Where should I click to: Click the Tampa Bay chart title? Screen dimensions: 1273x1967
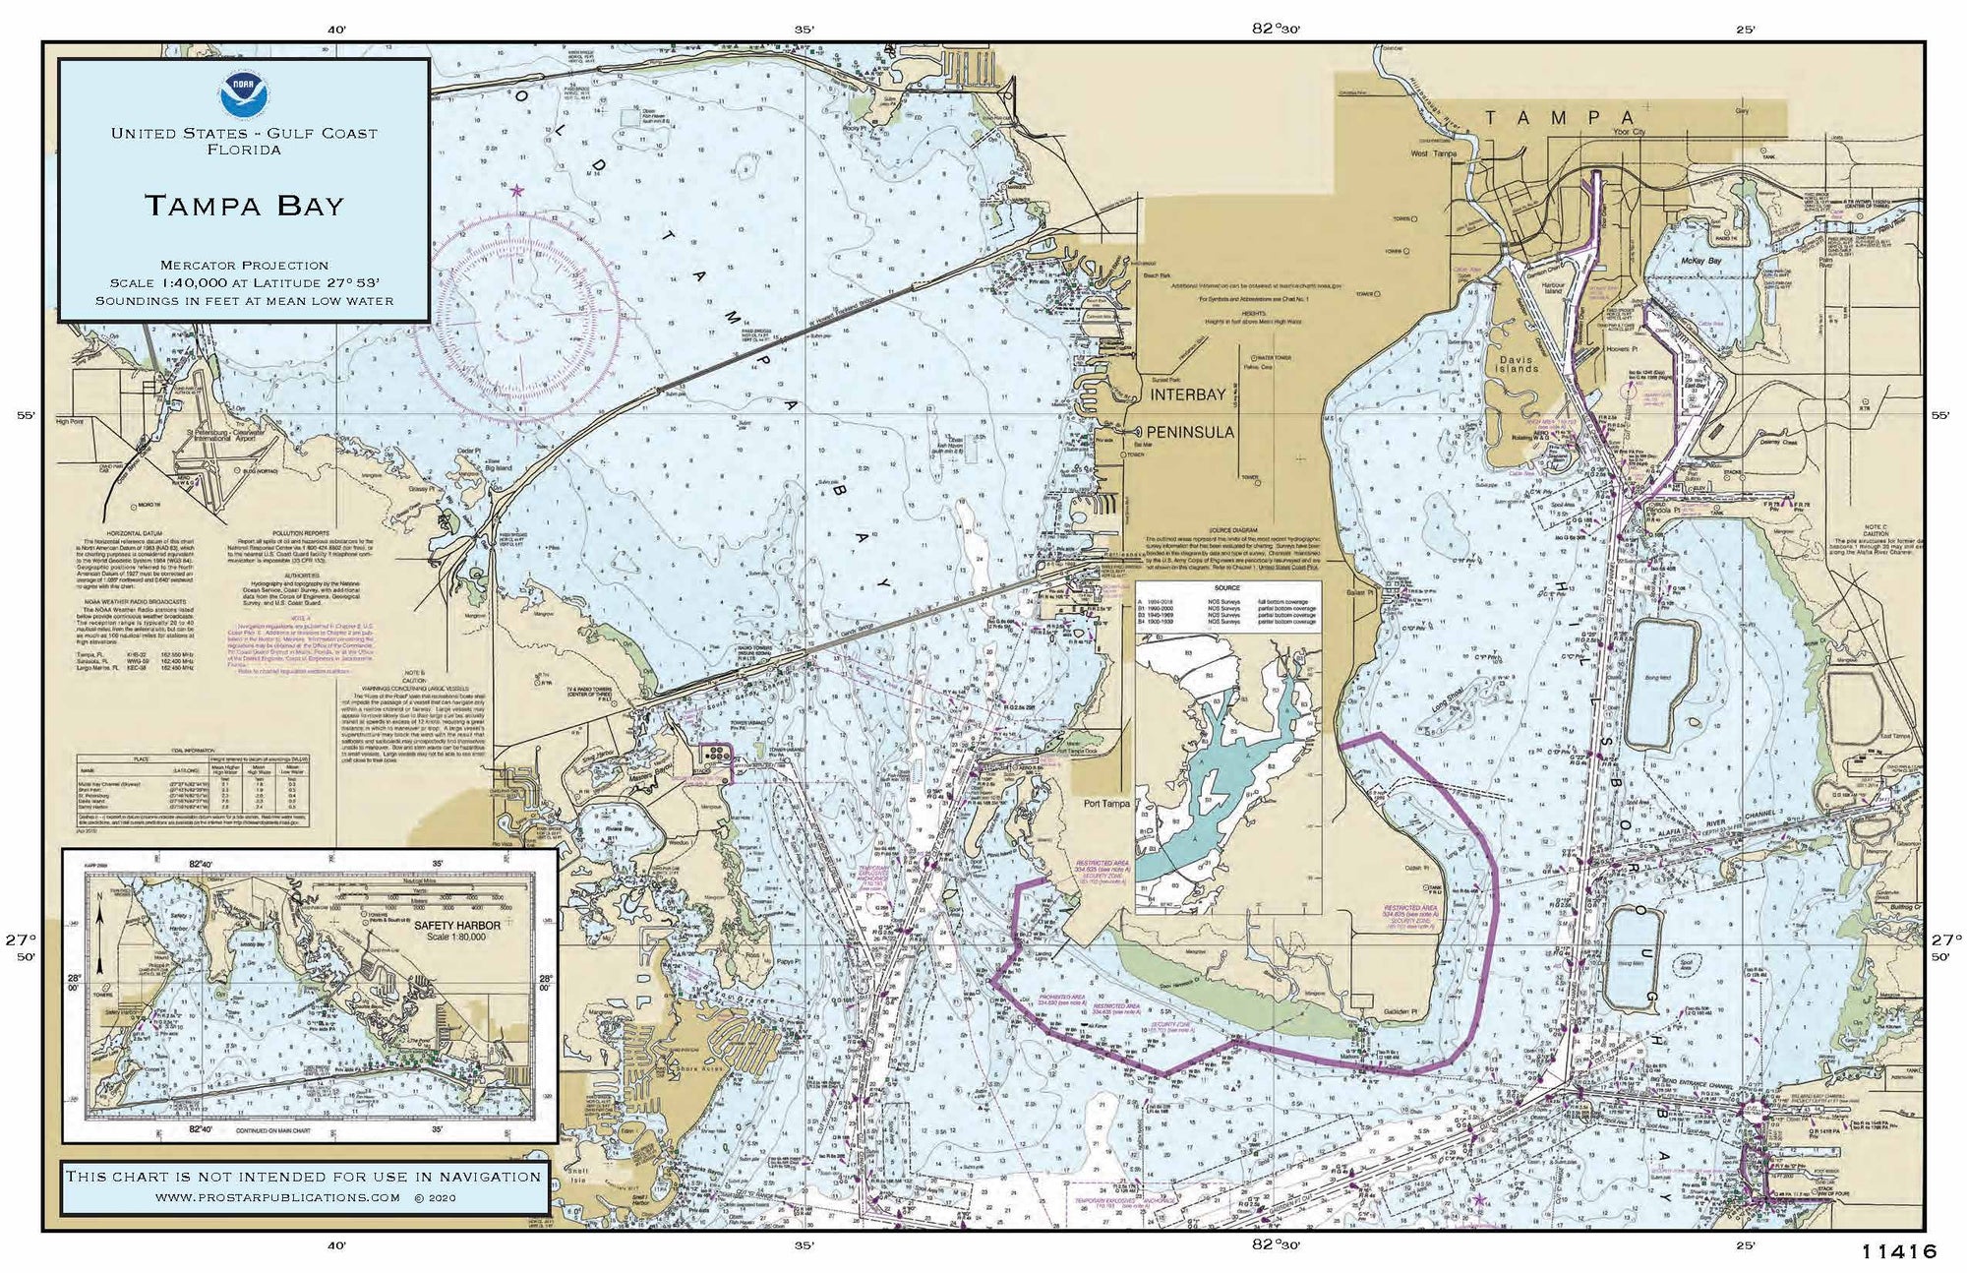click(244, 206)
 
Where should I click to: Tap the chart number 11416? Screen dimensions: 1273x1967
click(1898, 1252)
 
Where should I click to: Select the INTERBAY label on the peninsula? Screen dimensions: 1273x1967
click(1188, 395)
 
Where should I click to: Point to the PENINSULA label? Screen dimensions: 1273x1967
click(1190, 432)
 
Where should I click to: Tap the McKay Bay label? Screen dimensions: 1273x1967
click(1700, 262)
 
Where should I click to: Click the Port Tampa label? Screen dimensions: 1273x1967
click(1106, 804)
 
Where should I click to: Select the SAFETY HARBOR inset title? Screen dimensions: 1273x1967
click(456, 926)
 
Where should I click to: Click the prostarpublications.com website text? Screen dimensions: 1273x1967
click(277, 1198)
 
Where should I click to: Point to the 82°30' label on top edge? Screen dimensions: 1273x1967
click(1276, 29)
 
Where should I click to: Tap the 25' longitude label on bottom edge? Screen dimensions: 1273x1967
click(1746, 1244)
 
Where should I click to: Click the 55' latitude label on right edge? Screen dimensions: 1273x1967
click(1939, 415)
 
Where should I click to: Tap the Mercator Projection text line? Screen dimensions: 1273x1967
click(244, 266)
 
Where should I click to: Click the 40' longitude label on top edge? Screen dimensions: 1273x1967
click(336, 30)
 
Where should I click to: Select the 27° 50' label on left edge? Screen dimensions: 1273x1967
click(26, 947)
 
